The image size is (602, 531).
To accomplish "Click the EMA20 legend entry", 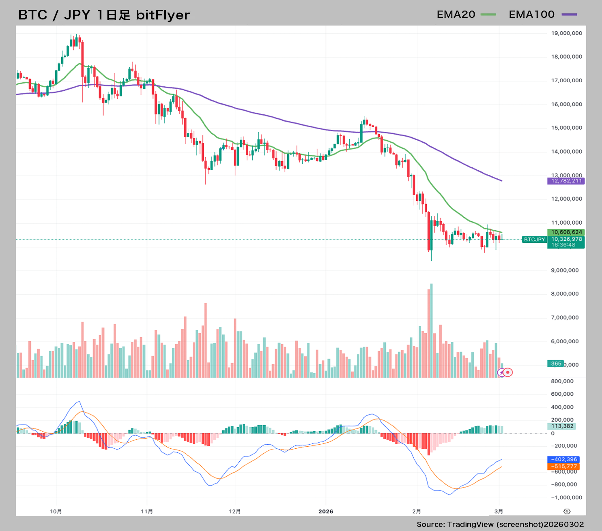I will (466, 15).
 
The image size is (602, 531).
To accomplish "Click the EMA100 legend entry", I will (542, 15).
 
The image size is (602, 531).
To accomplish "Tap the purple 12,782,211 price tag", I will (566, 181).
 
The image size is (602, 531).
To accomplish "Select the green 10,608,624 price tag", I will (566, 232).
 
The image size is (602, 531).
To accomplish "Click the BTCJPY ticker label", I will (534, 240).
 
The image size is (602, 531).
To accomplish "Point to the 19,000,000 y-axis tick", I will (566, 33).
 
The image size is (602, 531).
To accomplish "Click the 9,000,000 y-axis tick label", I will (565, 270).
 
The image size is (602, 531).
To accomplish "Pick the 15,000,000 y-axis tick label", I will (566, 128).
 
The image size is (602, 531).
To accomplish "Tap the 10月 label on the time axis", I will (56, 512).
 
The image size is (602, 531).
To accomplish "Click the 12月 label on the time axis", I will (235, 512).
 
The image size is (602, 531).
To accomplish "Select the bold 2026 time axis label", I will (326, 512).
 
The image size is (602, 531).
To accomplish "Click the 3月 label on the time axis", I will (499, 512).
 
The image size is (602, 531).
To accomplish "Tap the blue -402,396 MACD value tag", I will (563, 460).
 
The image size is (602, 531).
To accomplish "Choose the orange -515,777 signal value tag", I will (563, 467).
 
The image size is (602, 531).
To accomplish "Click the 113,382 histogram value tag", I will (562, 426).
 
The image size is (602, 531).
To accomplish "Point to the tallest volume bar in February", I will (431, 330).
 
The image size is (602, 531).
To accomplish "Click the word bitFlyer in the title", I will (163, 15).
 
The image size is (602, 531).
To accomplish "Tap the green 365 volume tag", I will (556, 364).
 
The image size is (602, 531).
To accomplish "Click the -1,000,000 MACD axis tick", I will (566, 498).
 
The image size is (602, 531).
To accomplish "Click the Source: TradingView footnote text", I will (500, 525).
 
